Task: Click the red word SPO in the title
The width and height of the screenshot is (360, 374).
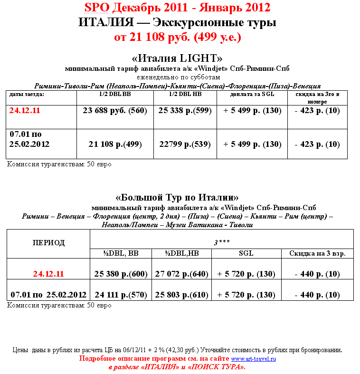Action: pos(97,8)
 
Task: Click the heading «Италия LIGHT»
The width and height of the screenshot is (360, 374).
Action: pos(177,58)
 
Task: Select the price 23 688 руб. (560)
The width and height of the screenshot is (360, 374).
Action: pos(114,111)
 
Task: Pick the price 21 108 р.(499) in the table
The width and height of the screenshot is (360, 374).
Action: pos(114,144)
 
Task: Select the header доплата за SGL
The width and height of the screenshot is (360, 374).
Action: pos(252,95)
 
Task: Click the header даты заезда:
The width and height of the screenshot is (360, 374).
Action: pos(27,95)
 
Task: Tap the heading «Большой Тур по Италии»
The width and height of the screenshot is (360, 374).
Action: pos(177,197)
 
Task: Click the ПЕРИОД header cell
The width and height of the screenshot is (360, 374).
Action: pos(48,242)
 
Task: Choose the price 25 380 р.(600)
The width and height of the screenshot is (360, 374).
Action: pos(121,274)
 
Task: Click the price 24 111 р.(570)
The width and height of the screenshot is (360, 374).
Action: pos(121,295)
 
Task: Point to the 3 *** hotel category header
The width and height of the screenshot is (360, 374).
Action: pos(221,242)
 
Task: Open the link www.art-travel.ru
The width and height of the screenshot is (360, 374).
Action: pos(253,359)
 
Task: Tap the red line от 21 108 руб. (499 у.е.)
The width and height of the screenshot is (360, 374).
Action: pos(178,37)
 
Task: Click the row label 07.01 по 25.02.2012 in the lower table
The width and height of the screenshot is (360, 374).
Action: pos(48,295)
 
